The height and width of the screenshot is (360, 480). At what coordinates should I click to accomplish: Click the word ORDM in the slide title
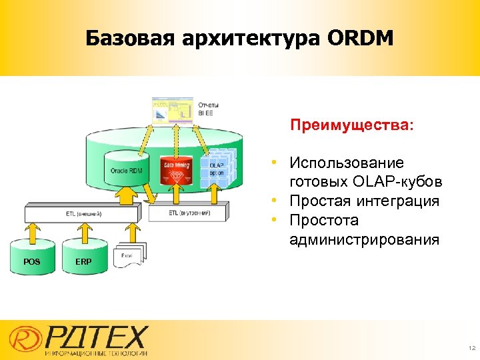pyautogui.click(x=360, y=39)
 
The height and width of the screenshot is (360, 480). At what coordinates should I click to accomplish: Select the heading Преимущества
pyautogui.click(x=351, y=125)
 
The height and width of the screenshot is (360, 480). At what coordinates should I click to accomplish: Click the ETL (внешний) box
pyautogui.click(x=83, y=213)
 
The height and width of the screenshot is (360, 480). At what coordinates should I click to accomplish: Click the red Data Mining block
pyautogui.click(x=176, y=172)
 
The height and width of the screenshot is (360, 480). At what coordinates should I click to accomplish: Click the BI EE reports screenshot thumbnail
pyautogui.click(x=172, y=110)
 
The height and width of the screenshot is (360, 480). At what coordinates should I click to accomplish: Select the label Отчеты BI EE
pyautogui.click(x=209, y=109)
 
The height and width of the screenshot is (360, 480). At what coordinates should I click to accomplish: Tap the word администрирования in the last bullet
pyautogui.click(x=364, y=239)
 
